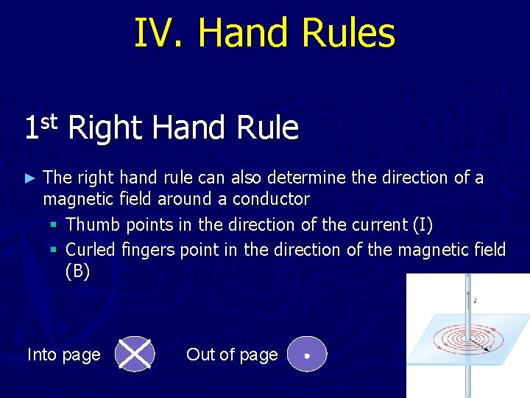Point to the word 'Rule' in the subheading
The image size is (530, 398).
268,128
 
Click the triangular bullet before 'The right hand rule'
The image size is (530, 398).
29,178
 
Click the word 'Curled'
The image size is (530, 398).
91,250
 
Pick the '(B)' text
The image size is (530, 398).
78,271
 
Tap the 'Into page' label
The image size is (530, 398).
64,355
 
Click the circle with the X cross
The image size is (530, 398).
135,355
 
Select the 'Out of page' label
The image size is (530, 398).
232,355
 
